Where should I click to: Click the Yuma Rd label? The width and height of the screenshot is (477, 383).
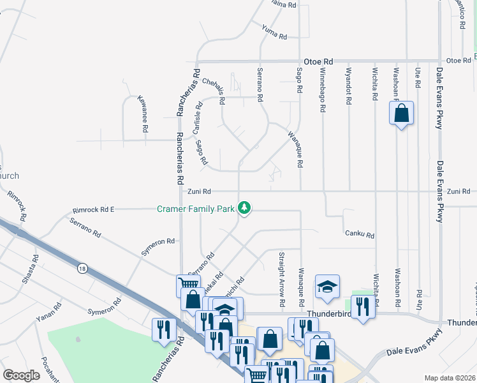click(x=274, y=31)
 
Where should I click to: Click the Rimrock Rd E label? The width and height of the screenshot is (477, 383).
click(x=94, y=209)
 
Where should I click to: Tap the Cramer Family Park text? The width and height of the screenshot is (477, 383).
click(x=196, y=208)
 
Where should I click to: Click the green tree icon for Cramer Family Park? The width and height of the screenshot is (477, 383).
click(x=244, y=207)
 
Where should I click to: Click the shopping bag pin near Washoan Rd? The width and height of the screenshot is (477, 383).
click(x=401, y=114)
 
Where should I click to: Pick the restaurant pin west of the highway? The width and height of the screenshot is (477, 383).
click(x=164, y=329)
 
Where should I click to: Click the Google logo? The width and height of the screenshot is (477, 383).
click(x=21, y=375)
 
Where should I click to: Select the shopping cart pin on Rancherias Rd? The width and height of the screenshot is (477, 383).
click(x=188, y=285)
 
